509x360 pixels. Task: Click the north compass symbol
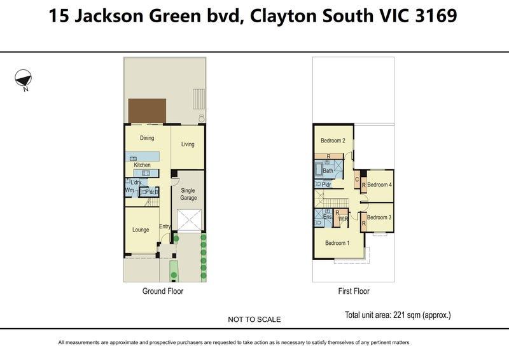[x=24, y=78]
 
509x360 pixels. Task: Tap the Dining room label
[x=147, y=138]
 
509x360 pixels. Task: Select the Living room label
[x=188, y=144]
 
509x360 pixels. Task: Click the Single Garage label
[x=188, y=194]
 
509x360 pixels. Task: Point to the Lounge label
[x=141, y=230]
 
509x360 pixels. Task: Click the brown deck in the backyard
[x=147, y=111]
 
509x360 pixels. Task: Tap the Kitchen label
[x=142, y=165]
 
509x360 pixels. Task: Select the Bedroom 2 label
[x=333, y=141]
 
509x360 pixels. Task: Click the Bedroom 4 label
[x=379, y=184]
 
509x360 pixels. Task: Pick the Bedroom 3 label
[x=379, y=217]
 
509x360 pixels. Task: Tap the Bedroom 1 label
[x=337, y=243]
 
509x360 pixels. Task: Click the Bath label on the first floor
[x=328, y=170]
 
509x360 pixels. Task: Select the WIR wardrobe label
[x=343, y=219]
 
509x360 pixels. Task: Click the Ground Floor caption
[x=163, y=291]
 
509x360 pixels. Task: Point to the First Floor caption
[x=354, y=291]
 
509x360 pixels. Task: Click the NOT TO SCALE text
[x=254, y=319]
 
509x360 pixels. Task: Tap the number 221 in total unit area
[x=398, y=315]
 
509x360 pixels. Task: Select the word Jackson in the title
[x=109, y=15]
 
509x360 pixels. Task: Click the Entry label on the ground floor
[x=165, y=226]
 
